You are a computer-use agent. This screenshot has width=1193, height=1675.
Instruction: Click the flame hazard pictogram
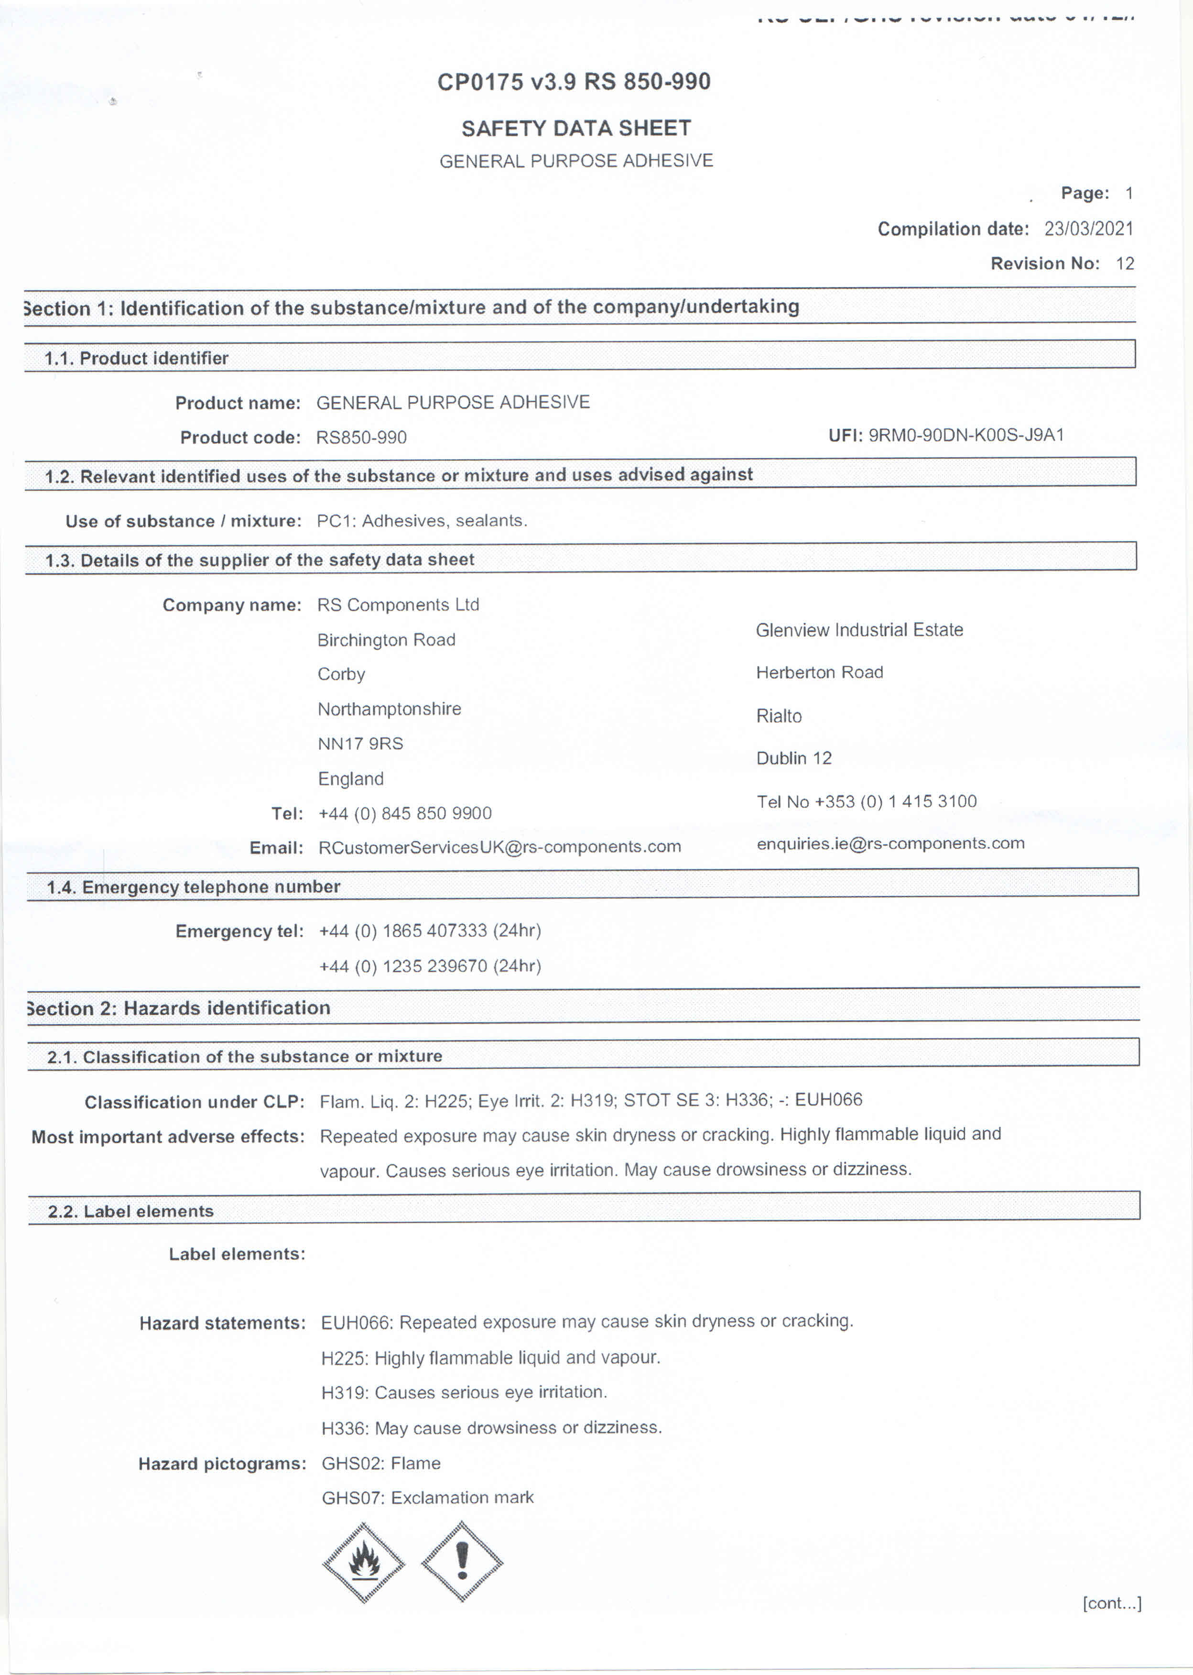pyautogui.click(x=364, y=1561)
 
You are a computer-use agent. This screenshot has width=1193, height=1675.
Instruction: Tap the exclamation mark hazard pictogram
pyautogui.click(x=462, y=1560)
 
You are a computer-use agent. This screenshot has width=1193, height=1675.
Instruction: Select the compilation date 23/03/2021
pyautogui.click(x=1089, y=229)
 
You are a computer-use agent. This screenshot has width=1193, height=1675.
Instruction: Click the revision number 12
pyautogui.click(x=1125, y=263)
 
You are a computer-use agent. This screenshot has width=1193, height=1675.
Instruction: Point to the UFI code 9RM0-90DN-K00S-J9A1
pyautogui.click(x=966, y=435)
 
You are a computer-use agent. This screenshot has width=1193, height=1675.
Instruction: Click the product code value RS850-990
pyautogui.click(x=361, y=438)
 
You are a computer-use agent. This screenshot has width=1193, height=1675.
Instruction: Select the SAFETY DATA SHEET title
pyautogui.click(x=576, y=129)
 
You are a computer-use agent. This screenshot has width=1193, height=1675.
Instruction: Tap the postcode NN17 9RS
pyautogui.click(x=360, y=744)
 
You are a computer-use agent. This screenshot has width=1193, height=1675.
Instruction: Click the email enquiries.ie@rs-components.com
pyautogui.click(x=890, y=843)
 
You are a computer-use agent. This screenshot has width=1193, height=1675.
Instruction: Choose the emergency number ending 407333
pyautogui.click(x=430, y=931)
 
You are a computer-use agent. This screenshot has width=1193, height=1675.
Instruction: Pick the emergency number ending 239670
pyautogui.click(x=430, y=966)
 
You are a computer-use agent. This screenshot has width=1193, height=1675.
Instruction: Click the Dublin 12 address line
pyautogui.click(x=793, y=758)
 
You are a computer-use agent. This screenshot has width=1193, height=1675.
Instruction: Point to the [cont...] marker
pyautogui.click(x=1111, y=1603)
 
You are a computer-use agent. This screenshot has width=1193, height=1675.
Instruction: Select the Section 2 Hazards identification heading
pyautogui.click(x=178, y=1007)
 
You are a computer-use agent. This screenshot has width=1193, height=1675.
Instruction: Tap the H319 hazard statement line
pyautogui.click(x=464, y=1392)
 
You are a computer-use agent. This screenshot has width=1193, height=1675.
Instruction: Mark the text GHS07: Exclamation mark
pyautogui.click(x=428, y=1497)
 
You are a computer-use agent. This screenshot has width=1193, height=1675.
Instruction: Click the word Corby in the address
pyautogui.click(x=341, y=674)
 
